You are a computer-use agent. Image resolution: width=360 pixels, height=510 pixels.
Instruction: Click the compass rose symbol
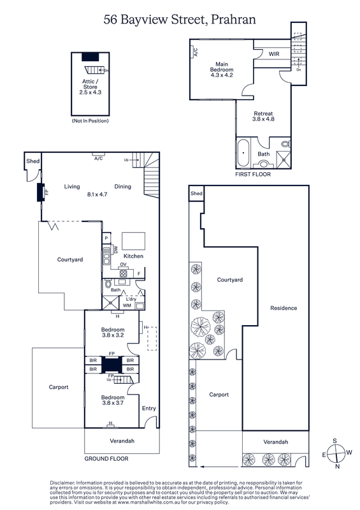click(336, 453)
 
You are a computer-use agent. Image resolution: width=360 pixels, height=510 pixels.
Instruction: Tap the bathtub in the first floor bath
click(243, 153)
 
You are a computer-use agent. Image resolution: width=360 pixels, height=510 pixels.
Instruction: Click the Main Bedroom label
click(222, 67)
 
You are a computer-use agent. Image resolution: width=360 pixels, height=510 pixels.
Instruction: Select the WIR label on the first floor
click(274, 54)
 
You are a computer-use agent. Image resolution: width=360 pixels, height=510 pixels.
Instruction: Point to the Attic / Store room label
click(90, 84)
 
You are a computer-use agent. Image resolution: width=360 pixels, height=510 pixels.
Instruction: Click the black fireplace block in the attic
click(90, 57)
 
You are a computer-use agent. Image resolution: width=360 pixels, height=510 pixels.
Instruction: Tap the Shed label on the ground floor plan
click(33, 161)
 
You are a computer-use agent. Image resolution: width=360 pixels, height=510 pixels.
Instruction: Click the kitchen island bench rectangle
click(133, 241)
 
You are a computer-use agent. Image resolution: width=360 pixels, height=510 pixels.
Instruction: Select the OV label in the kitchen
click(123, 265)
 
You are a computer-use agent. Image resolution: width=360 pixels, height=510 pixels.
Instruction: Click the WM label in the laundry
click(127, 305)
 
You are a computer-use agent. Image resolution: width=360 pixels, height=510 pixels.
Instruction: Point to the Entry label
click(149, 408)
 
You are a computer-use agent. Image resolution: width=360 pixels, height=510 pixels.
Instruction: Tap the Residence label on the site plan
click(284, 308)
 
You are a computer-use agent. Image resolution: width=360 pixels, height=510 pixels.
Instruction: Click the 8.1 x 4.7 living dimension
click(97, 194)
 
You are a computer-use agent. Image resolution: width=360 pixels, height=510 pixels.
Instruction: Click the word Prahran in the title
click(233, 20)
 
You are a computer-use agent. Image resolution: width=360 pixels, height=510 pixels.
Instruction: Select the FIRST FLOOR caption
click(253, 174)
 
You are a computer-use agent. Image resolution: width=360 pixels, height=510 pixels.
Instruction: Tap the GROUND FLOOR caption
click(106, 458)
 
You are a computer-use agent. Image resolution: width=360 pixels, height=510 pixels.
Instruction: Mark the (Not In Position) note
click(90, 121)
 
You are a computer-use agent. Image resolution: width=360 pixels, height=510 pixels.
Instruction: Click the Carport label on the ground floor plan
click(59, 387)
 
